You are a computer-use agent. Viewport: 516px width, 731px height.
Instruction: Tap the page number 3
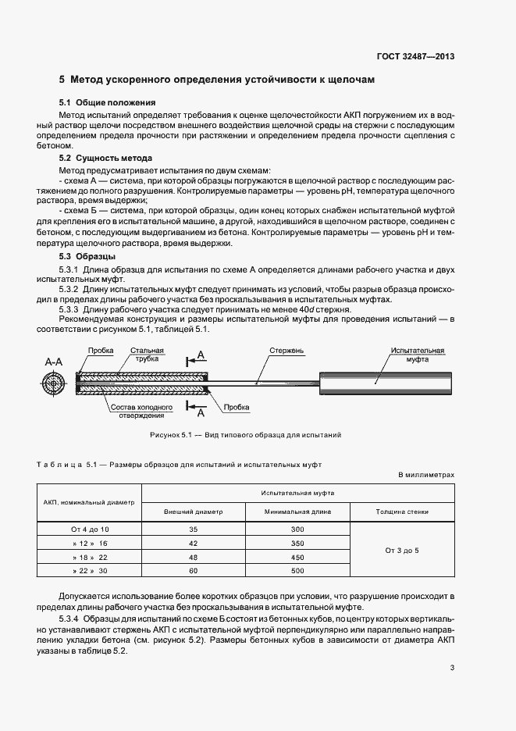tap(452, 667)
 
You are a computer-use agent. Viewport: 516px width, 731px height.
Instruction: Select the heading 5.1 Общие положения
tap(108, 102)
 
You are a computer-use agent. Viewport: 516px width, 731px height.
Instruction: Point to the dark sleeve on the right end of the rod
tap(385, 381)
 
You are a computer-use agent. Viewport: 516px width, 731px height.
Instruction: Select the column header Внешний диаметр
tap(193, 512)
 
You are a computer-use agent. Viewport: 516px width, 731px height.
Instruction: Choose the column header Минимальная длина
tap(297, 512)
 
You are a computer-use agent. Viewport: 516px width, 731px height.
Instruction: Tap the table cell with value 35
tap(193, 529)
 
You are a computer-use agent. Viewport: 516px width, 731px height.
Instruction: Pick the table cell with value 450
tap(297, 558)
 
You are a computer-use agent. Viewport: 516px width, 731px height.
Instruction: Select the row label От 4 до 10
tap(90, 529)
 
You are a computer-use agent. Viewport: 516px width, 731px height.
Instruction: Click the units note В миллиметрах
tap(425, 474)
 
